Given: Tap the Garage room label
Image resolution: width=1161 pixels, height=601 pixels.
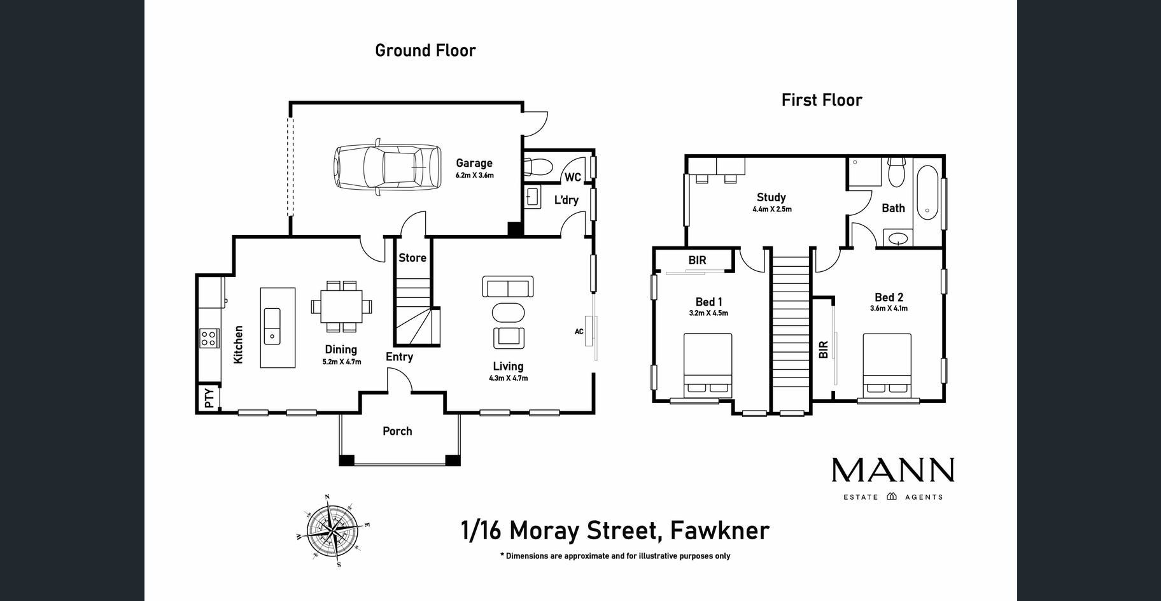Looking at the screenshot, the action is click(474, 163).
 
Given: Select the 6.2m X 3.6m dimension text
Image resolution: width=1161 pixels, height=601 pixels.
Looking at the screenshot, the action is click(474, 175).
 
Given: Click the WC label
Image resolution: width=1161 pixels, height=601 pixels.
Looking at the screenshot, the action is click(573, 177).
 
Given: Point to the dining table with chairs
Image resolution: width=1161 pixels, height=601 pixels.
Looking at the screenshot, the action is click(342, 306).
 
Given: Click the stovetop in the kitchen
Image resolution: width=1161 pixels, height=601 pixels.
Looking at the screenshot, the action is click(208, 337).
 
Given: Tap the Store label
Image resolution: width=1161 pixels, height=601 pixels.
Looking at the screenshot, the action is click(412, 258).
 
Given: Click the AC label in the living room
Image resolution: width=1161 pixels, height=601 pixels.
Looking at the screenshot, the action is click(579, 331).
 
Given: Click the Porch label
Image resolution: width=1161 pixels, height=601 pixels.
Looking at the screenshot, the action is click(397, 431).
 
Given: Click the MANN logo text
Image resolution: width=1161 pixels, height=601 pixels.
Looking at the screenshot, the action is click(893, 470).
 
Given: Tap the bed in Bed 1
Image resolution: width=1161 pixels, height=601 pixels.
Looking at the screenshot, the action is click(708, 365).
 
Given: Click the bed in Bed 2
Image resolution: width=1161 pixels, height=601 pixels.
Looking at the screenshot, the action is click(887, 365).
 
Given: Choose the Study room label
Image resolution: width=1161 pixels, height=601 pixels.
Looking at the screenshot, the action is click(771, 197).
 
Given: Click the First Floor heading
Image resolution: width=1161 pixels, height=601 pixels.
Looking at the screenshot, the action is click(822, 100).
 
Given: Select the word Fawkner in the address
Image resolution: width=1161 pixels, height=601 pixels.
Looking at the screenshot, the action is click(720, 530).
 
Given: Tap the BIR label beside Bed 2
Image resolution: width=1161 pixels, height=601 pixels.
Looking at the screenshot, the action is click(823, 350).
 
